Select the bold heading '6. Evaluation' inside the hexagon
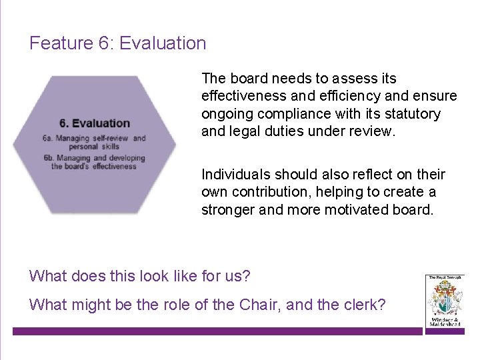tap(95, 123)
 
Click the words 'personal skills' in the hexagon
tap(93, 146)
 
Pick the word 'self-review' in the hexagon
tap(111, 139)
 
